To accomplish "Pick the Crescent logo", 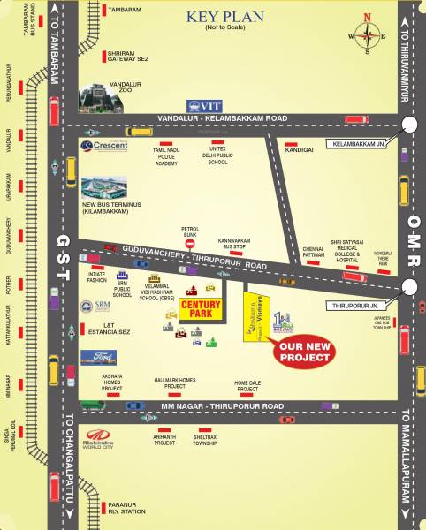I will click(105, 146).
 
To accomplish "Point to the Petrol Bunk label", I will click(191, 233).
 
